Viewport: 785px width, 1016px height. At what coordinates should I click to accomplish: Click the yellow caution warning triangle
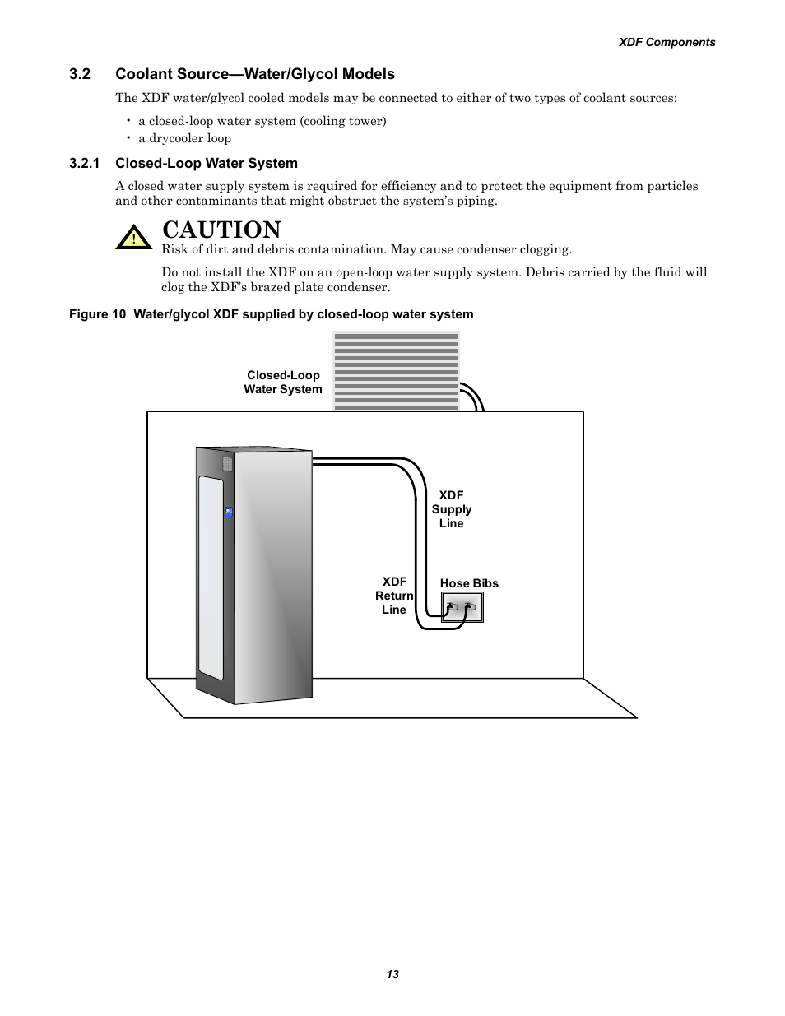(133, 238)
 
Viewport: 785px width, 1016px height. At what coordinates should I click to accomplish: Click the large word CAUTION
(221, 230)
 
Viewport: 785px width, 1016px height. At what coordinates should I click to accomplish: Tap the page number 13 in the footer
(392, 974)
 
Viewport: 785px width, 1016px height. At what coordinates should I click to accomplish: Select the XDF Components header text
(667, 42)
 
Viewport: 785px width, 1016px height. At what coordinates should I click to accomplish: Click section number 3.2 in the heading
(80, 74)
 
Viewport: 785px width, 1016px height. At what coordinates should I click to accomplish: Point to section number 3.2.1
(85, 163)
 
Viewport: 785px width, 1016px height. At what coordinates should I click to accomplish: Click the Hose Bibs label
(469, 583)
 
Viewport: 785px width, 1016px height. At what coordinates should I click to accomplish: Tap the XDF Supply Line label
(451, 509)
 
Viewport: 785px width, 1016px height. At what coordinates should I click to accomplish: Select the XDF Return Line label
(394, 596)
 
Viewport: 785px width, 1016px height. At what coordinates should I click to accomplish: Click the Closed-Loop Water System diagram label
(283, 383)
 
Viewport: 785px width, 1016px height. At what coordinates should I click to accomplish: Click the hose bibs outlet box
(462, 607)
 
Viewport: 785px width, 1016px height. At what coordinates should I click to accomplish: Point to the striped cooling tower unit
(396, 370)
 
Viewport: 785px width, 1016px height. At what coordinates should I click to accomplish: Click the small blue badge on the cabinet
(229, 512)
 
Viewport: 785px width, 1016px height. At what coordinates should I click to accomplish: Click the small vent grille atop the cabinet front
(228, 464)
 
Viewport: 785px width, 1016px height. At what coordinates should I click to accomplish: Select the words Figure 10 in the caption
(88, 314)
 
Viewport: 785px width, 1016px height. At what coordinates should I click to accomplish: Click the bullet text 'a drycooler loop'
(184, 138)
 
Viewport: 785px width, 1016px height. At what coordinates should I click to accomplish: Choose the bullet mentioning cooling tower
(262, 121)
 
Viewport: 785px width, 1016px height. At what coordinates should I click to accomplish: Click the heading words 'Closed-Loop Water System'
(207, 163)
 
